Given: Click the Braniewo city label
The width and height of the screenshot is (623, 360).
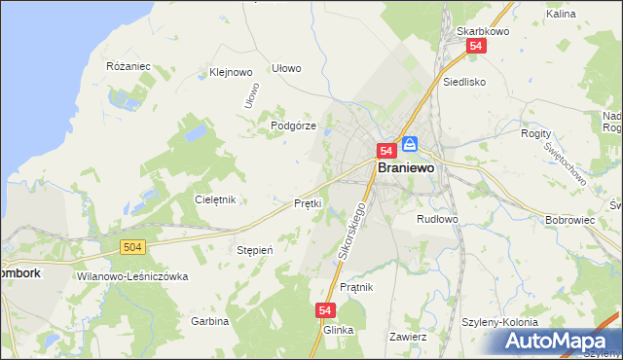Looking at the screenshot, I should [406, 167].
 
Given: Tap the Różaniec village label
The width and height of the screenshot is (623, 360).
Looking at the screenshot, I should [128, 66].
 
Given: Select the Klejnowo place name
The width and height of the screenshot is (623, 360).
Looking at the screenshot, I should [231, 72].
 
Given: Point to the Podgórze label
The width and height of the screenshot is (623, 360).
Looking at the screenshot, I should [293, 126].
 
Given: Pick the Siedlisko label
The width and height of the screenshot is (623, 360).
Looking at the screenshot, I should [463, 83].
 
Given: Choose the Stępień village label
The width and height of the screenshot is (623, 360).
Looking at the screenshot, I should [255, 249].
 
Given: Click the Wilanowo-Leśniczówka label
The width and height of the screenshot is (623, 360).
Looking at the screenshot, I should [131, 276].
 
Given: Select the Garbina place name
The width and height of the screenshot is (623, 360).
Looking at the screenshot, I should [209, 321].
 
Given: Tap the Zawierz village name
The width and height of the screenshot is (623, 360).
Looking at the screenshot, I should [408, 336].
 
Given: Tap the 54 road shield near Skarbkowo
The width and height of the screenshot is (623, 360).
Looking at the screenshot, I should [476, 46].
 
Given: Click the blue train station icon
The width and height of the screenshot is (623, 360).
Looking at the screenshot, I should [410, 143].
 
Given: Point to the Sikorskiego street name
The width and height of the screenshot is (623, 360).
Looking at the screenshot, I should [355, 233].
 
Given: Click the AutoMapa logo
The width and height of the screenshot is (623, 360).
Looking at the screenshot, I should [558, 341].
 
